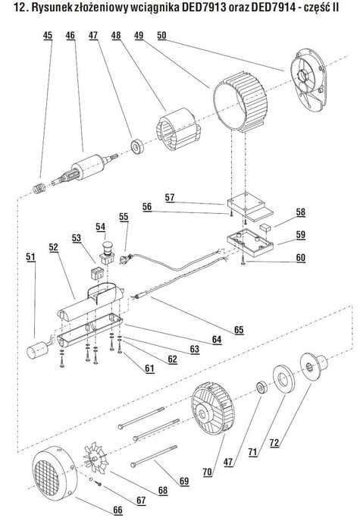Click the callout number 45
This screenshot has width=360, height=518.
(48, 36)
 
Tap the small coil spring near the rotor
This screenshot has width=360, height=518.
(39, 188)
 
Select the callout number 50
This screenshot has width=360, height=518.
(161, 36)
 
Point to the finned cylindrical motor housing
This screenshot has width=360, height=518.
(240, 102)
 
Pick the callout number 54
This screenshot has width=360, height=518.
(100, 227)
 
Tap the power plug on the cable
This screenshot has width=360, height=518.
(126, 258)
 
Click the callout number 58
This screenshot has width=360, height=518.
(301, 212)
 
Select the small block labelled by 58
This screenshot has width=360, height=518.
(265, 228)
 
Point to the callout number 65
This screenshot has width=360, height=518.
(239, 330)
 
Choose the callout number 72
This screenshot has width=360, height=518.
(274, 442)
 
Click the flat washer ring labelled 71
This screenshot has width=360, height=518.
(283, 378)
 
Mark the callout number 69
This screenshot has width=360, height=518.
(184, 481)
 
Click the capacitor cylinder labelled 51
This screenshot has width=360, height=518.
(36, 350)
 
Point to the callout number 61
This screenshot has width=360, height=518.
(149, 368)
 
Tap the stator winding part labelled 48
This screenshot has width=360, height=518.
(177, 129)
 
